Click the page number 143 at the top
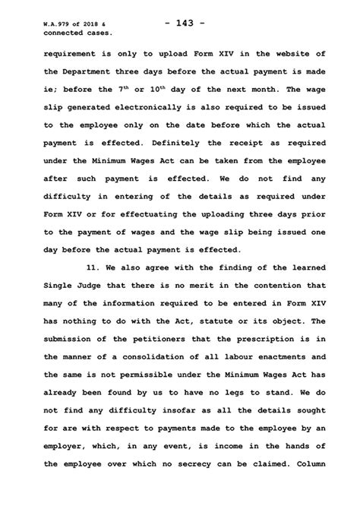[x=179, y=23]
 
